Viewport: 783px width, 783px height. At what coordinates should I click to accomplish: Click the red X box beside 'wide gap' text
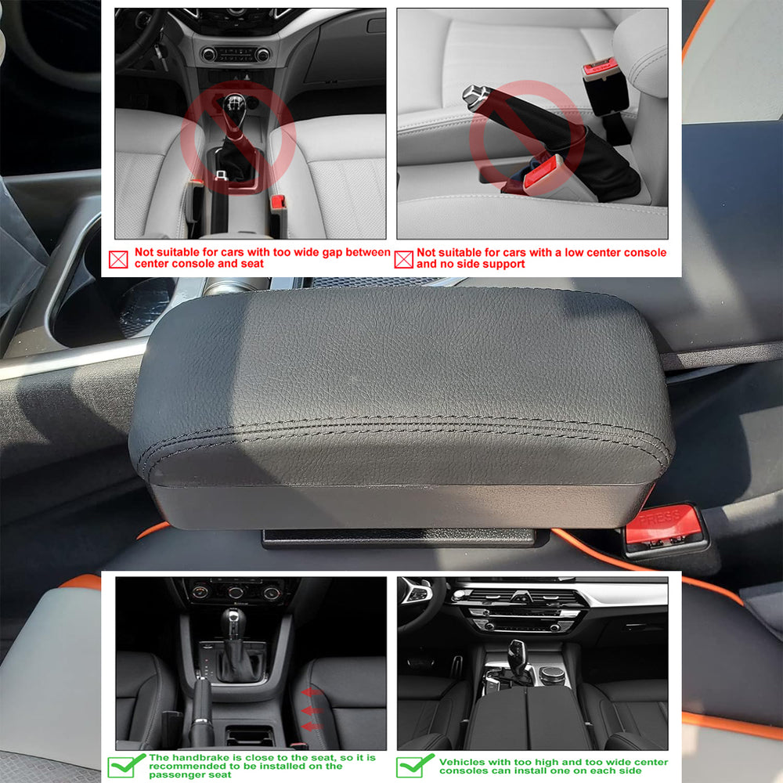pyautogui.click(x=118, y=259)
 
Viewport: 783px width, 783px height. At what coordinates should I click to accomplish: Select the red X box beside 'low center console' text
pyautogui.click(x=403, y=260)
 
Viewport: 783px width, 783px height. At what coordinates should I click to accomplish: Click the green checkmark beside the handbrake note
pyautogui.click(x=125, y=766)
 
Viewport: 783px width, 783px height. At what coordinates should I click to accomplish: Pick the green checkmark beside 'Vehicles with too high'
pyautogui.click(x=414, y=766)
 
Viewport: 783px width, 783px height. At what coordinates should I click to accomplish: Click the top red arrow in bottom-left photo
pyautogui.click(x=311, y=692)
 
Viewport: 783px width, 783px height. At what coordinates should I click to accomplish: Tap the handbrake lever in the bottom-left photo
pyautogui.click(x=202, y=709)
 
